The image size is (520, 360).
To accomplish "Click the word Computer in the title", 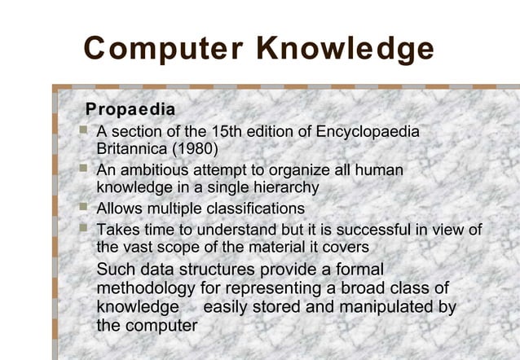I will coord(162,50).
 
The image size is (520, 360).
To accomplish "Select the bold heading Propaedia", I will coord(130,108).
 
